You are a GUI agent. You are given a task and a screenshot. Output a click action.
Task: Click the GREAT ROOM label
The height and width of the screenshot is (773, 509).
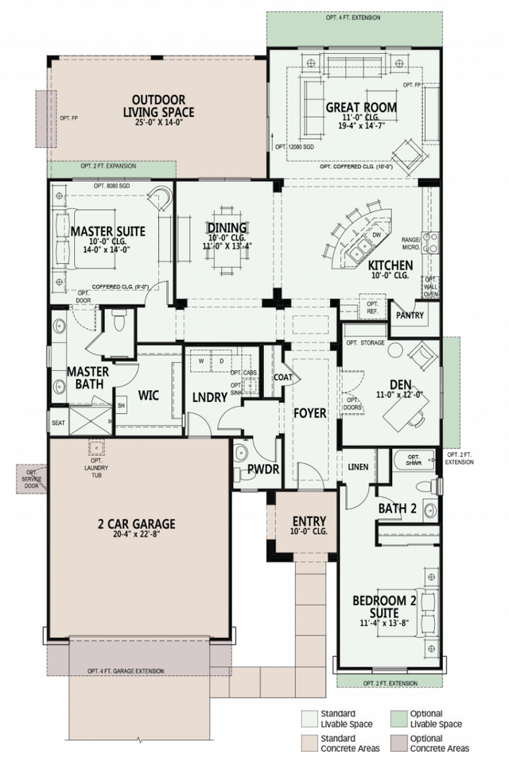click(x=360, y=107)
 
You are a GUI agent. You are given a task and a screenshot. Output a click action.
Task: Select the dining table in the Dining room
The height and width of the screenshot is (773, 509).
click(x=227, y=241)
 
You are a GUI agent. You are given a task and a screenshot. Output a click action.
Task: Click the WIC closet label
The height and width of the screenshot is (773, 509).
click(x=150, y=395)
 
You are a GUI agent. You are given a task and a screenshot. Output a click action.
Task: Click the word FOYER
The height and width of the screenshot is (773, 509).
click(x=309, y=414)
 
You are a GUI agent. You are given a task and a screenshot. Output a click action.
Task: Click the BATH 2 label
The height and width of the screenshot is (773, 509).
click(x=397, y=508)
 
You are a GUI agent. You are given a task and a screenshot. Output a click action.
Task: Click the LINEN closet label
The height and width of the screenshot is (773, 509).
click(x=358, y=467)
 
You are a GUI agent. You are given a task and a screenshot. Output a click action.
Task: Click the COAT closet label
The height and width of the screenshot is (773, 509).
click(x=283, y=377)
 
